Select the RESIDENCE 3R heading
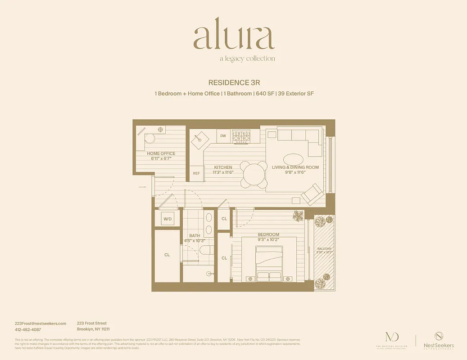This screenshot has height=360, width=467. pos(234,83)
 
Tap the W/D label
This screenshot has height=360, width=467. pos(168,219)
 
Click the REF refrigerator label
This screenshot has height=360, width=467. pos(196,173)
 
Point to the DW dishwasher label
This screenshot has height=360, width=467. pos(223,135)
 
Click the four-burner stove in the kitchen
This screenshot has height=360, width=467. pos(241,135)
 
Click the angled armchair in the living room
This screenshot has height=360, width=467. pos(312,194)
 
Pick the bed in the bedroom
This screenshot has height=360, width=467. pos(269,261)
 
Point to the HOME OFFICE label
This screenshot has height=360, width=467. pos(161,153)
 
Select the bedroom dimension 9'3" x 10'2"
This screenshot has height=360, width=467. pos(268,240)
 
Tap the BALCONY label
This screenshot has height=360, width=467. pos(324,249)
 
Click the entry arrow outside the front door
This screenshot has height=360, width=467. pos(142,187)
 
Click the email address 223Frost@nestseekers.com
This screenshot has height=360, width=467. pos(41,323)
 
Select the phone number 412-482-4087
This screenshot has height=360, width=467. pos(27,329)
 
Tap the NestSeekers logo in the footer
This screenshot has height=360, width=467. pos(438,340)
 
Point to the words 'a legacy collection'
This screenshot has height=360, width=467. pos(247,58)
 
